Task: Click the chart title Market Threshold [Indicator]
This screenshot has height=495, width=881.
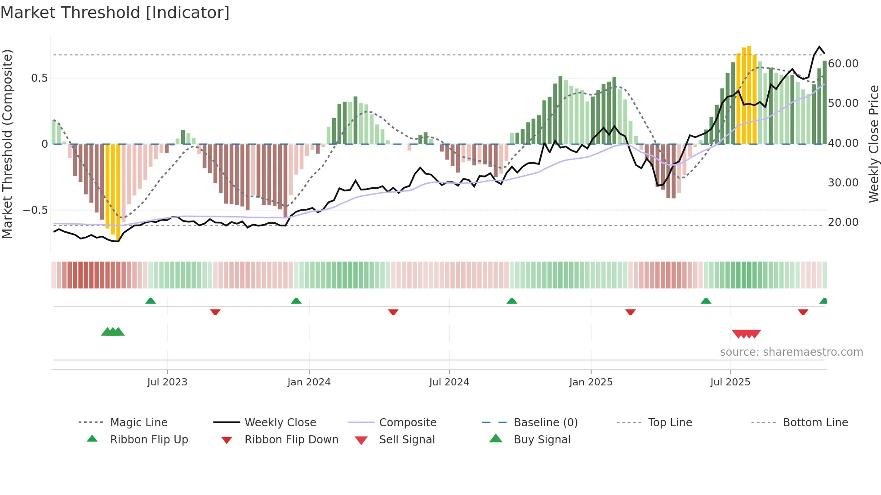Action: click(115, 13)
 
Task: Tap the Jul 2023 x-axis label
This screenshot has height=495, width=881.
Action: click(167, 382)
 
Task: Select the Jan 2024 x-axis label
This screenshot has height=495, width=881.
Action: click(309, 382)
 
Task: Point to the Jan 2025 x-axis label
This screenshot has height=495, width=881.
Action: click(591, 382)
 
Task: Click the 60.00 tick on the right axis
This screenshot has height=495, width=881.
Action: click(843, 64)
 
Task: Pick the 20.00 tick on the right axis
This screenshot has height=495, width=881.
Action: click(843, 222)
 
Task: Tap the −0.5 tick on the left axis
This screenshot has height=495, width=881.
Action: click(35, 210)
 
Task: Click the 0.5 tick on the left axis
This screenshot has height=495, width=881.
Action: click(39, 78)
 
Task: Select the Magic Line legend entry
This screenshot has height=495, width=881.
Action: click(138, 423)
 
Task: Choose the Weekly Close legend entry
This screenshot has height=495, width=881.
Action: click(280, 423)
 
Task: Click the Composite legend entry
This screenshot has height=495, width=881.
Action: click(407, 423)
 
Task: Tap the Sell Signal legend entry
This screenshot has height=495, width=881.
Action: click(406, 440)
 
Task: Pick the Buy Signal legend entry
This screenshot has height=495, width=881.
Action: click(542, 440)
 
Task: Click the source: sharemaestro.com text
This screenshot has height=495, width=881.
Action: click(791, 352)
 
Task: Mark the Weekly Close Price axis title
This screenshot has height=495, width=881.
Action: click(873, 144)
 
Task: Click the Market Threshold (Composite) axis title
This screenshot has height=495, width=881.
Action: click(7, 144)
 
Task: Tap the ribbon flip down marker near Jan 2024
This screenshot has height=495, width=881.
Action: click(215, 312)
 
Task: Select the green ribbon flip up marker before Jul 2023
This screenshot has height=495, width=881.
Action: click(151, 301)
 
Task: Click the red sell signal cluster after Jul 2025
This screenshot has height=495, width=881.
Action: click(746, 334)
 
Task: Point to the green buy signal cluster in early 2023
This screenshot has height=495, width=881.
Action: click(113, 332)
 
